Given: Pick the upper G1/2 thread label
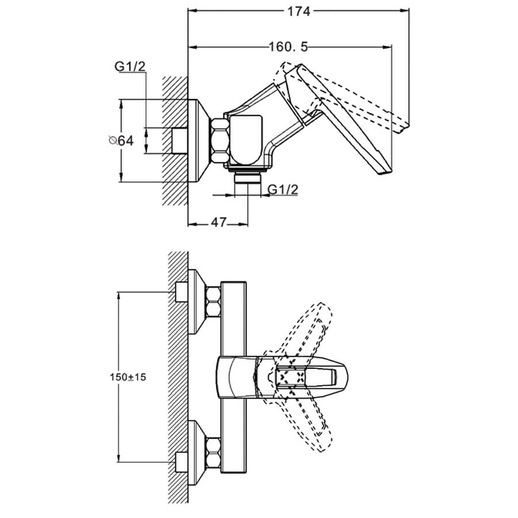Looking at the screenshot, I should point(131,68).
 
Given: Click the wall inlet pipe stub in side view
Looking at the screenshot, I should point(180,140).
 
